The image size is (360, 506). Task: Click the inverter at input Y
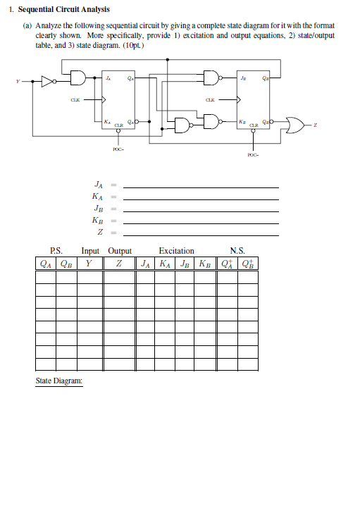point(46,81)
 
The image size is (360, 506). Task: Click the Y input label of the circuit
point(16,81)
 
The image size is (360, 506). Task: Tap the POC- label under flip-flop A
point(118,149)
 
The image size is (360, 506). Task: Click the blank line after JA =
point(201,187)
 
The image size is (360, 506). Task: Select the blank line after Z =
point(201,234)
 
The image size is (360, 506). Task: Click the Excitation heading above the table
point(176,250)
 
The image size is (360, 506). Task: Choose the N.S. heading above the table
point(237,250)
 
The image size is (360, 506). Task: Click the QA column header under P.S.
point(45,265)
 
